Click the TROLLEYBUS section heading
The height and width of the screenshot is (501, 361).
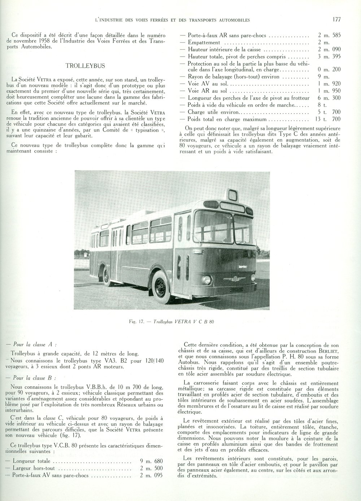85,66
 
